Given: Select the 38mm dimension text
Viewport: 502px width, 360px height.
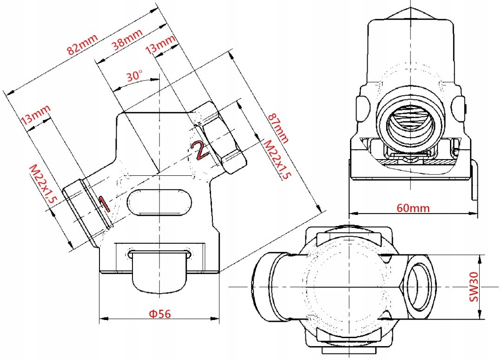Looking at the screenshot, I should tap(127, 41).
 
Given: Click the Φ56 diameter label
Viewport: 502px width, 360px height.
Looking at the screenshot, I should tap(159, 313).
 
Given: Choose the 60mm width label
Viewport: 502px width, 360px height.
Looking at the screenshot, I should tap(413, 208).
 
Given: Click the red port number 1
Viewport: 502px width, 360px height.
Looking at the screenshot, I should tap(104, 203).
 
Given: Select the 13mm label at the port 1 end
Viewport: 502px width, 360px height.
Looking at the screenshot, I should tap(36, 114).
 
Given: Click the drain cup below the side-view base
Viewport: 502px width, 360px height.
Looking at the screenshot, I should tap(159, 272).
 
